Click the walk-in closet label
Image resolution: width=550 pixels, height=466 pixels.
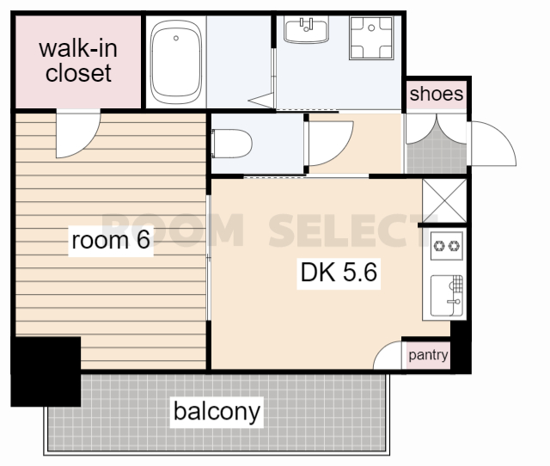point(78,61)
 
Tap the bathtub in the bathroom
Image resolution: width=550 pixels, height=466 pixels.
point(175,62)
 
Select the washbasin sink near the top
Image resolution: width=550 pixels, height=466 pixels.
point(306,30)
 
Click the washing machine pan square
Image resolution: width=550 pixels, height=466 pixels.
point(371,38)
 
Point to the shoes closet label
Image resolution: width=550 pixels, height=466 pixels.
point(437,94)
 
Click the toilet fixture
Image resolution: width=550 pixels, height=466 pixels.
point(231,144)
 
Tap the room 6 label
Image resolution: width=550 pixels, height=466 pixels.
point(111,240)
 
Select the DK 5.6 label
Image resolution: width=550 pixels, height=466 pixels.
point(339,272)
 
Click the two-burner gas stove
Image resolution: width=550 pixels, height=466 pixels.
point(446,246)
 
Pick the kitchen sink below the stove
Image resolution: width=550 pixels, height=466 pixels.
point(447,296)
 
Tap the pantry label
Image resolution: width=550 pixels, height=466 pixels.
point(428,355)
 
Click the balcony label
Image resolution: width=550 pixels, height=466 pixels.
point(217,412)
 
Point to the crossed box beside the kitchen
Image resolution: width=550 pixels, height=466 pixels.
point(444,200)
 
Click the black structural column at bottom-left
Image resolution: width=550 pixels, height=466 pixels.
point(46,371)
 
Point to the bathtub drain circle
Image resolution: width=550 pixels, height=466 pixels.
point(176,38)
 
